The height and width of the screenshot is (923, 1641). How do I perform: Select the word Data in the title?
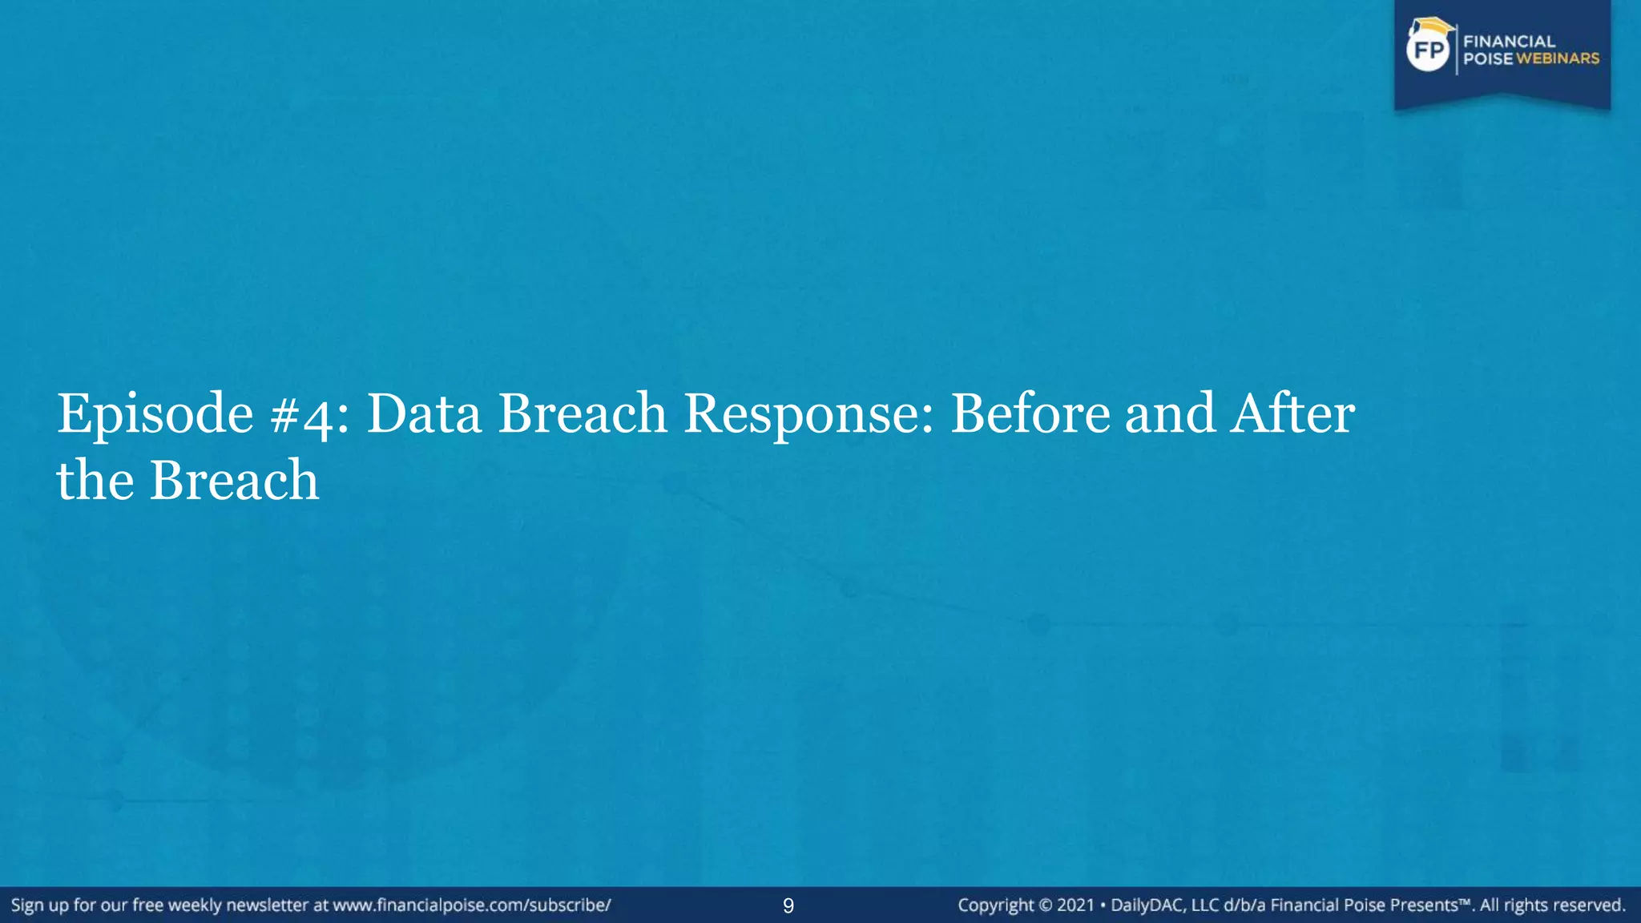pyautogui.click(x=424, y=414)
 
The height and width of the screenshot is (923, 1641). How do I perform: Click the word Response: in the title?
pyautogui.click(x=808, y=414)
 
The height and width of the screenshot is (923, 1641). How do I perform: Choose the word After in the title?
pyautogui.click(x=1292, y=414)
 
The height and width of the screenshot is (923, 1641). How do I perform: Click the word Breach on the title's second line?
pyautogui.click(x=234, y=481)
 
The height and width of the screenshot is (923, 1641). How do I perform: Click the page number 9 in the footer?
pyautogui.click(x=788, y=906)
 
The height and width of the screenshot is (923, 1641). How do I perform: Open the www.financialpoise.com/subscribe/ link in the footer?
pyautogui.click(x=472, y=905)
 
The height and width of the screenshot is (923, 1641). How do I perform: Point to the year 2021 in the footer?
pyautogui.click(x=1075, y=905)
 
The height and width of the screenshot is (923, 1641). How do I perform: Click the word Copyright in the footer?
pyautogui.click(x=996, y=905)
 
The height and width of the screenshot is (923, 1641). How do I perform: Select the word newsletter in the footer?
pyautogui.click(x=267, y=905)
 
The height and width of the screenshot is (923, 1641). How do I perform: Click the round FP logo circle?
pyautogui.click(x=1429, y=51)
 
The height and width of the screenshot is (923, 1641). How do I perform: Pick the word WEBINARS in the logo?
pyautogui.click(x=1558, y=58)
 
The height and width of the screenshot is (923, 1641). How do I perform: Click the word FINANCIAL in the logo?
pyautogui.click(x=1509, y=42)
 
